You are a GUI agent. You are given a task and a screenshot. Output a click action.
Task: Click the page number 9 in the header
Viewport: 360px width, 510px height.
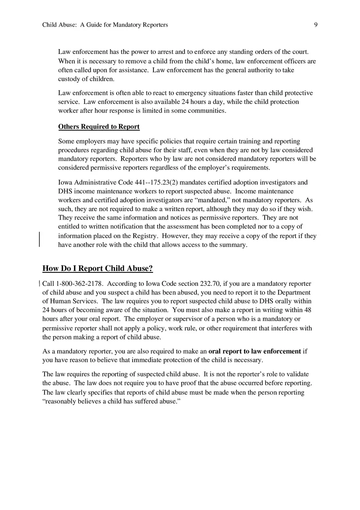(316, 25)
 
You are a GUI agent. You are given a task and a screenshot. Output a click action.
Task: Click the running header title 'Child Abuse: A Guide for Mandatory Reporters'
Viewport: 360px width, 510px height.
(105, 25)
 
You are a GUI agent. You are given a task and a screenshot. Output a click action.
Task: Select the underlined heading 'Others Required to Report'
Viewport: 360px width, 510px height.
(99, 127)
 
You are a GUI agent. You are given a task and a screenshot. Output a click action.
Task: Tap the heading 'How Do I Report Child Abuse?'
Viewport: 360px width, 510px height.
(98, 269)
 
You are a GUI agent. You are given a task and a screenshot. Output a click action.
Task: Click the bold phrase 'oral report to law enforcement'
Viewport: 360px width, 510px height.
(254, 351)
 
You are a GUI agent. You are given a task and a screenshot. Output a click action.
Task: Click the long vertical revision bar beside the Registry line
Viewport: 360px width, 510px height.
(39, 239)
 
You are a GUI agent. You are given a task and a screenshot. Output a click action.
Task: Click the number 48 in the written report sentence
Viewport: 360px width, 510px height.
(308, 310)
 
